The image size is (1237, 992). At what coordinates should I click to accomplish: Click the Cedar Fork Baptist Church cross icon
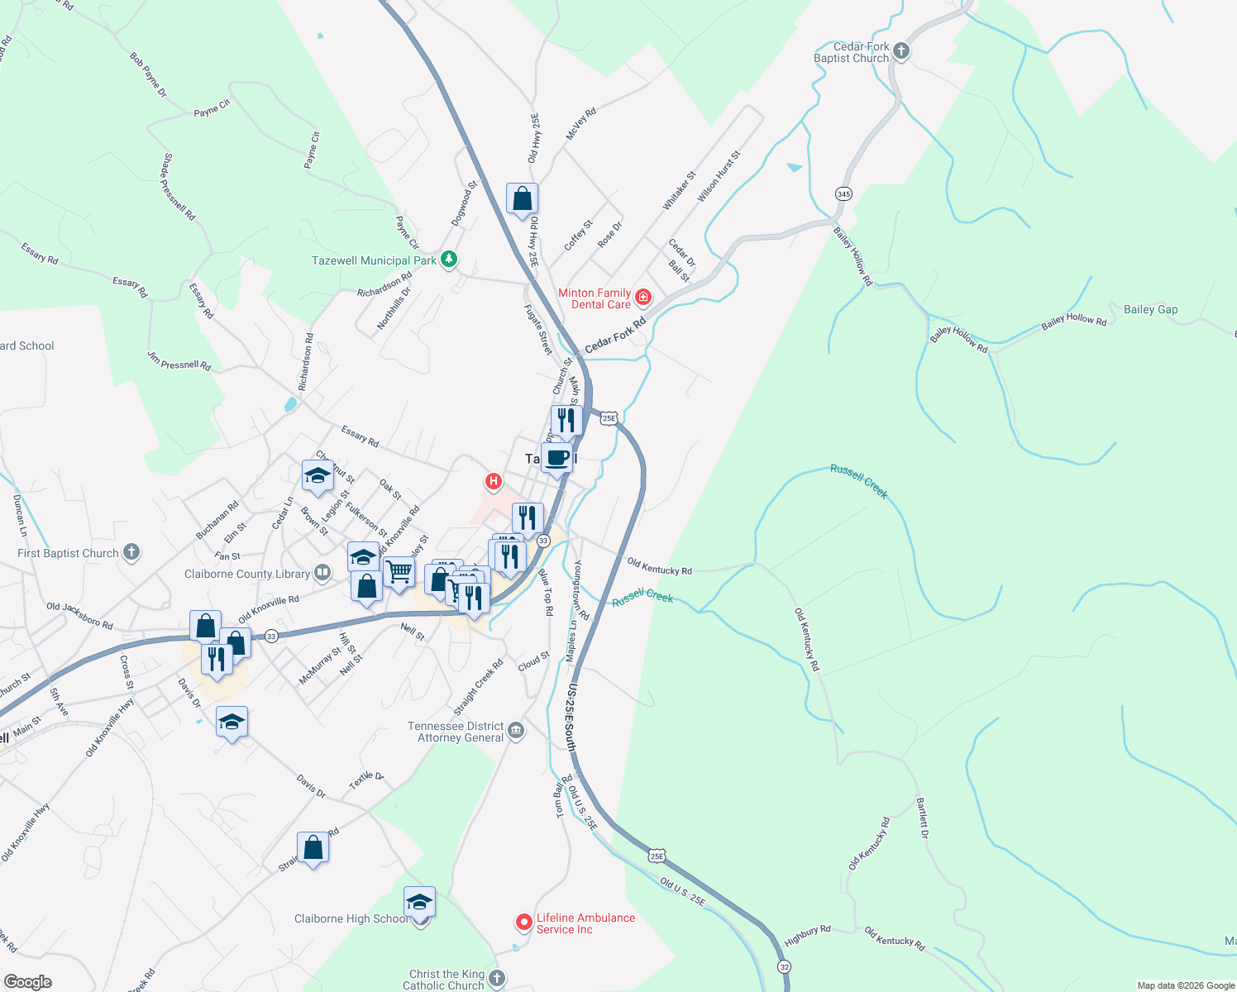click(x=901, y=51)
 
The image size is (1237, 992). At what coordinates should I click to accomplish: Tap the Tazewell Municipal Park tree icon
click(x=448, y=260)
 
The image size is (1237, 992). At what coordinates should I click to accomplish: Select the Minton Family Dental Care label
click(x=595, y=298)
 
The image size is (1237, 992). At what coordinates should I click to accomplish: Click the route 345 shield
click(x=843, y=193)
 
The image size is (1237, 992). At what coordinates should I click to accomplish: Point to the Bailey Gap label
click(x=1150, y=309)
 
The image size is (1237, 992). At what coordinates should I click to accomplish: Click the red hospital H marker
click(x=494, y=480)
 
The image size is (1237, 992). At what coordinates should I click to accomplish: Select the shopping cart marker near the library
click(x=399, y=570)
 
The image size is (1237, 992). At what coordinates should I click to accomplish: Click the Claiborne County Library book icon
click(x=322, y=573)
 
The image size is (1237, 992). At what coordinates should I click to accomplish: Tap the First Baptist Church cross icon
click(x=131, y=552)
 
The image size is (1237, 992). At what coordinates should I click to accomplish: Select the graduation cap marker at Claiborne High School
click(x=419, y=902)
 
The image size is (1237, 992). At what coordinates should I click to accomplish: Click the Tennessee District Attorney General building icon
click(x=516, y=730)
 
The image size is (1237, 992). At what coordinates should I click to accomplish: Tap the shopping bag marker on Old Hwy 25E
click(x=522, y=198)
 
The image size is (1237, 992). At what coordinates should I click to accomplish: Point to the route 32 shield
click(x=783, y=966)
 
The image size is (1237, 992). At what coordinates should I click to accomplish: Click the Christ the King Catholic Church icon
click(x=496, y=978)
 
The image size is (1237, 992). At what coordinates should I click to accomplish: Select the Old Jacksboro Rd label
click(x=79, y=615)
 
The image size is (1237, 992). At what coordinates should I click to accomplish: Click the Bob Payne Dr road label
click(x=148, y=75)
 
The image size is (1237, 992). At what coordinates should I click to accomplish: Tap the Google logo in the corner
click(x=27, y=982)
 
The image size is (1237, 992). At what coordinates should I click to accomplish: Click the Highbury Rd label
click(x=807, y=935)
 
